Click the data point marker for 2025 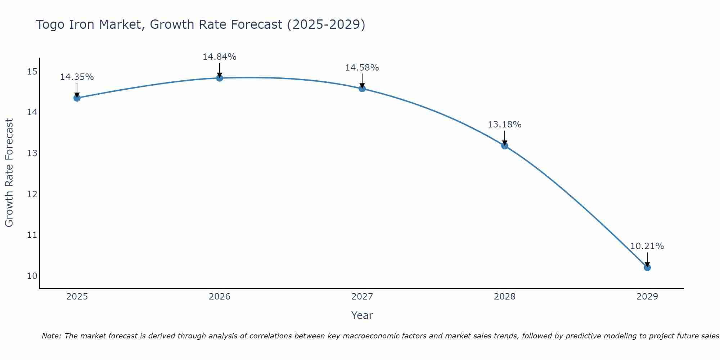tap(77, 98)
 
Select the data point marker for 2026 tap(220, 78)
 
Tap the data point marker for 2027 tap(362, 89)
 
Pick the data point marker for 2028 tap(505, 146)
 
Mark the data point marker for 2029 tap(647, 267)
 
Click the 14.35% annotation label tap(77, 77)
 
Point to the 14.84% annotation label tap(219, 57)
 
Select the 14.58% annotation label tap(362, 68)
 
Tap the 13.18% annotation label tap(504, 125)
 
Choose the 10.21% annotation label tap(647, 246)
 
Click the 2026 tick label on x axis tap(220, 297)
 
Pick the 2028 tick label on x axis tap(505, 297)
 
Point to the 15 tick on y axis tap(32, 72)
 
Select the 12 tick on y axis tap(32, 194)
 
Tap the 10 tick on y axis tap(32, 276)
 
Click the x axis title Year tap(362, 315)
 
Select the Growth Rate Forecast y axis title tap(9, 173)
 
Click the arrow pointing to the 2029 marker tap(647, 259)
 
